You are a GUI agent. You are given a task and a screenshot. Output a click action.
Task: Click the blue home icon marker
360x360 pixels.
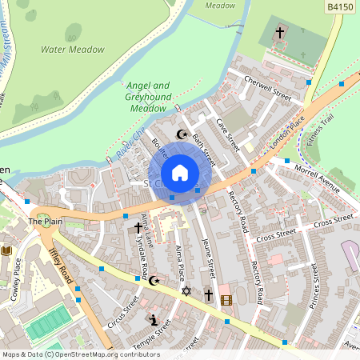click(180, 173)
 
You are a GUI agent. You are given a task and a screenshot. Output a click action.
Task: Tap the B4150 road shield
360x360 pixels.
click(340, 6)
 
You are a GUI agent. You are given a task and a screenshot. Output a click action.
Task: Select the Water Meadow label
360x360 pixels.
click(73, 50)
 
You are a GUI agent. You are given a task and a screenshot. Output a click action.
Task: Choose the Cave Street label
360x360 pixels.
click(228, 135)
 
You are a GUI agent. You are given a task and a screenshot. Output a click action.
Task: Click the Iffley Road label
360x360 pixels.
click(61, 266)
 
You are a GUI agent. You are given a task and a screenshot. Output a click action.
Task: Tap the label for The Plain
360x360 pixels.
click(45, 221)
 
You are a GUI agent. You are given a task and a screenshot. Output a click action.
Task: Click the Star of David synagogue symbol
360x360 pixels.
click(187, 291)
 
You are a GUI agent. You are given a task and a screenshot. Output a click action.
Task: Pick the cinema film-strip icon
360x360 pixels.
click(226, 300)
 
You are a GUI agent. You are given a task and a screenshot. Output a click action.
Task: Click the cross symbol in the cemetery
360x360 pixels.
click(280, 33)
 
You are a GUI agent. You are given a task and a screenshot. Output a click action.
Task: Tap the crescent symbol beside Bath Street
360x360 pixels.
click(181, 134)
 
